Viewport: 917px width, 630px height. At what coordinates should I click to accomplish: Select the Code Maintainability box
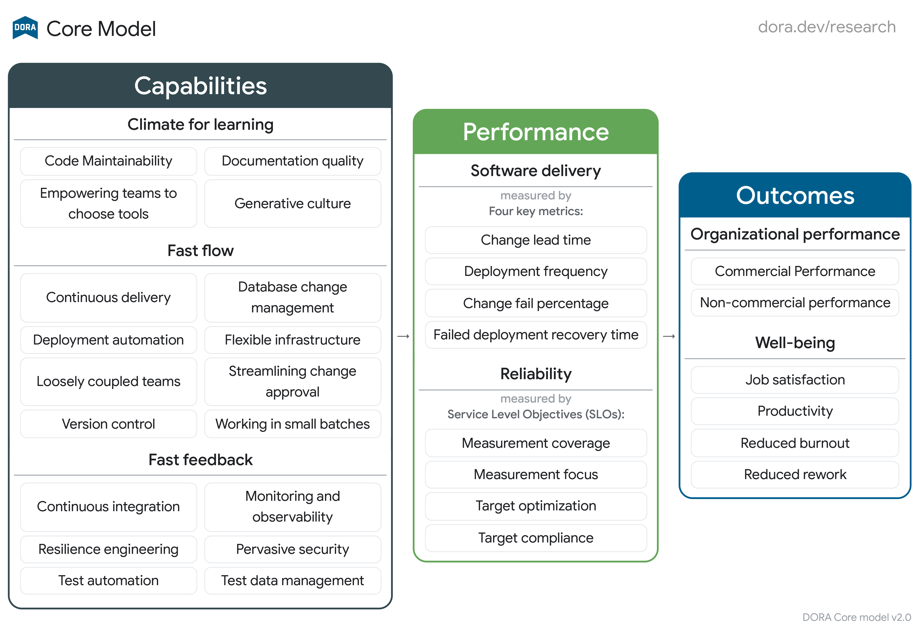(x=108, y=161)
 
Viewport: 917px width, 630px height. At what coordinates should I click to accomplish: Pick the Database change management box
(x=292, y=297)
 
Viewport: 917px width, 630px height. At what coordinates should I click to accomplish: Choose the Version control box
(x=108, y=424)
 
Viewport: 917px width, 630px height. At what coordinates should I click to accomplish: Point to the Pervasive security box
(x=292, y=549)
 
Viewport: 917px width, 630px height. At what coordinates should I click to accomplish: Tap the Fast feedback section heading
(x=201, y=460)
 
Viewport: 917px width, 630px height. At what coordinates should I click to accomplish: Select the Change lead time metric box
(x=535, y=240)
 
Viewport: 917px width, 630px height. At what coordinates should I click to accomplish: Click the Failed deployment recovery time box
(x=535, y=335)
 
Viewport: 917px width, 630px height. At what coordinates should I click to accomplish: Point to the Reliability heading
(x=535, y=374)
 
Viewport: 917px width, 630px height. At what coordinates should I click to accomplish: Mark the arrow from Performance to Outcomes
(x=669, y=336)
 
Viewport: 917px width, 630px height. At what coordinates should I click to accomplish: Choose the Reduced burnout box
(x=795, y=443)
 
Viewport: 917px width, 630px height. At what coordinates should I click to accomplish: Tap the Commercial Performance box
(x=795, y=271)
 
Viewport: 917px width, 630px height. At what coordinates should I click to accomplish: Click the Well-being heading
(x=795, y=343)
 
